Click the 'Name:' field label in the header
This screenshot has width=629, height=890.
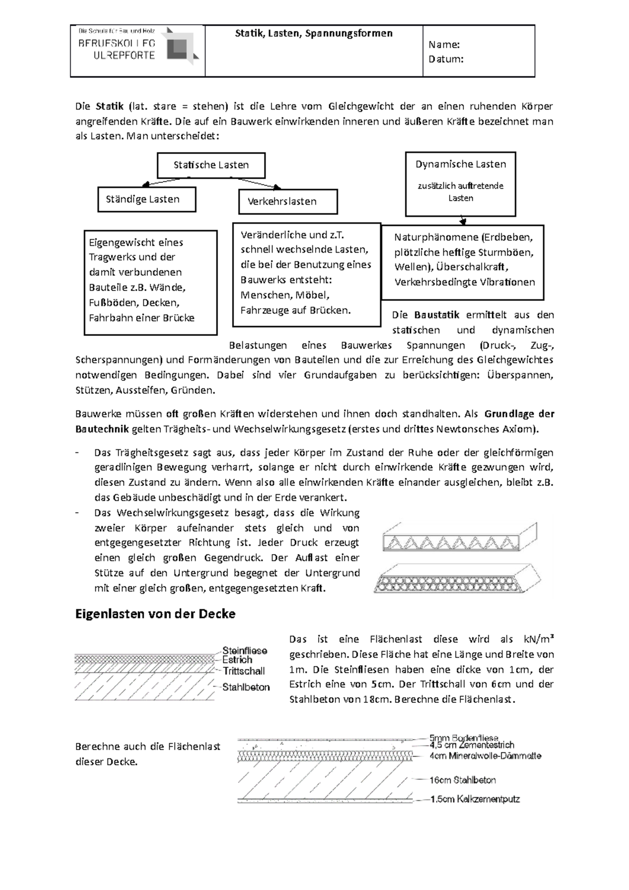[444, 45]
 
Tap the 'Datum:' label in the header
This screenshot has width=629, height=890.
[446, 59]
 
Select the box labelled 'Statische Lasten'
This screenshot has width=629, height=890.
[211, 165]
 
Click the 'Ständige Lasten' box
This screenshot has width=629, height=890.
[147, 200]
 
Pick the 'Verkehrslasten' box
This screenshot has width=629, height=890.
[288, 202]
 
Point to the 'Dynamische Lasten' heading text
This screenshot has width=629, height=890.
[461, 165]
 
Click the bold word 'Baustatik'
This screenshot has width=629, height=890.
[436, 315]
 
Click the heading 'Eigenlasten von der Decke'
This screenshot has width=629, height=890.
[155, 614]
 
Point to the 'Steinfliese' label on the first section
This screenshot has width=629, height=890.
[244, 650]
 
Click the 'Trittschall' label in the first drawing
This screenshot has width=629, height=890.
[244, 671]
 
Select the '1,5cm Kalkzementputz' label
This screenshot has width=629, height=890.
[474, 800]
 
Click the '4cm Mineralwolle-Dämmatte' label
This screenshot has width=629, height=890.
[485, 756]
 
